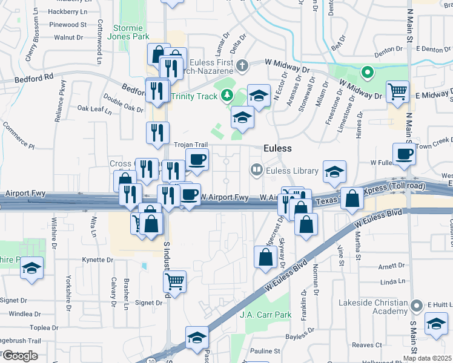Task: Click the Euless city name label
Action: pos(277,148)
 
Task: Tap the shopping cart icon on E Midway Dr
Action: pos(397,92)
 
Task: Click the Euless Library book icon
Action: pos(256,171)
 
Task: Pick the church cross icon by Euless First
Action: pos(242,64)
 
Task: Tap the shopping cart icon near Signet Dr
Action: pos(174,280)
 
